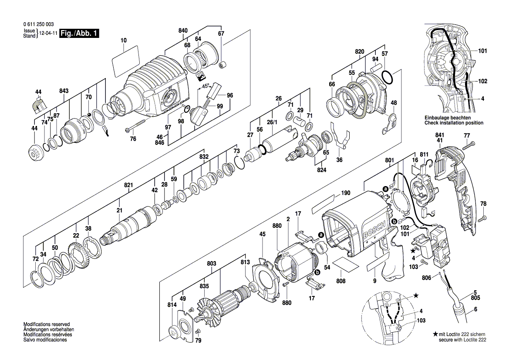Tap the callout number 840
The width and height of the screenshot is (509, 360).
[x=183, y=31]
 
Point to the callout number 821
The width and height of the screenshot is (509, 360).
[x=128, y=185]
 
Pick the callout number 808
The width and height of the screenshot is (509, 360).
[x=340, y=281]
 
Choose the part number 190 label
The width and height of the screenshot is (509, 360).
[x=346, y=193]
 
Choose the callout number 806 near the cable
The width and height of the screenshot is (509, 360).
[x=426, y=277]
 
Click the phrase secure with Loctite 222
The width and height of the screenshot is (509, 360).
[x=462, y=340]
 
